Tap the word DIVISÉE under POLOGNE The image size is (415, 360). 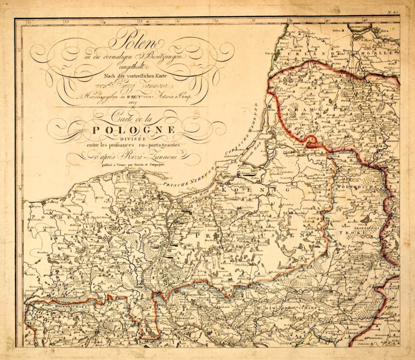point(140,137)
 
